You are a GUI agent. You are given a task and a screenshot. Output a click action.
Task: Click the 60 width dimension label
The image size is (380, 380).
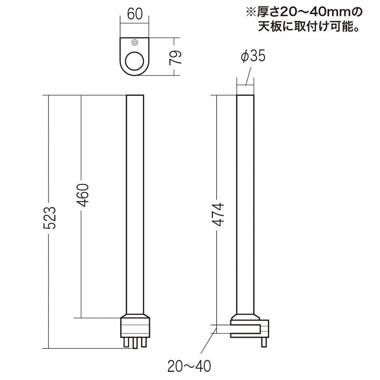click(135, 14)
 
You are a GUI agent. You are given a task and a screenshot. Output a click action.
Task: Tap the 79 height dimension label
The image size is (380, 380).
click(175, 57)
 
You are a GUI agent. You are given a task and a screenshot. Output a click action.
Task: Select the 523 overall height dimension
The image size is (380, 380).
click(49, 218)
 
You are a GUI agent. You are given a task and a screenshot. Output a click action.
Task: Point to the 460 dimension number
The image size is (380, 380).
click(83, 195)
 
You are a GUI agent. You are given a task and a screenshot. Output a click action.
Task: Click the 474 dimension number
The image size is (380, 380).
click(218, 215)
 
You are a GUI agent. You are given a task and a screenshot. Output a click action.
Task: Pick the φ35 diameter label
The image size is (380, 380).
click(253, 56)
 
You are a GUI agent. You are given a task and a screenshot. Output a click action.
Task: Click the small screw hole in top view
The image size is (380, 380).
click(135, 43)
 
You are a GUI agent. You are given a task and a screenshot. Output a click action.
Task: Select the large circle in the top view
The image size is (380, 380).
click(134, 61)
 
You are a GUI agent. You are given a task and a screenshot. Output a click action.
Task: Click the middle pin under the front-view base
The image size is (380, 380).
click(135, 343)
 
